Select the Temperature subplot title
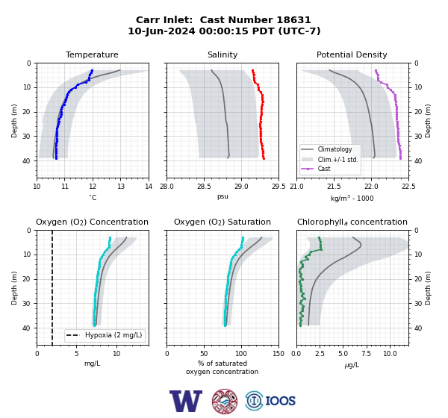(x=92, y=54)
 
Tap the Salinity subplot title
(x=223, y=54)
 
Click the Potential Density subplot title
(x=352, y=54)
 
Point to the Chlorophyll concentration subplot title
(x=352, y=222)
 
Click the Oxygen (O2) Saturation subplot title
(x=223, y=222)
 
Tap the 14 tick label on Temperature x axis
(x=149, y=187)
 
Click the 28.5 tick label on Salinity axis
(x=204, y=187)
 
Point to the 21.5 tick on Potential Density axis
(x=334, y=187)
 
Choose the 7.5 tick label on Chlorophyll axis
(x=367, y=354)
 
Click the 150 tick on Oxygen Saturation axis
(x=279, y=354)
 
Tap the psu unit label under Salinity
(x=223, y=196)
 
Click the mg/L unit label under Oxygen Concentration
(x=92, y=364)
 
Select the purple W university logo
(x=186, y=401)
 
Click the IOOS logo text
(x=280, y=401)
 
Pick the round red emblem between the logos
(x=225, y=401)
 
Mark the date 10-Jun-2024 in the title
(x=161, y=31)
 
